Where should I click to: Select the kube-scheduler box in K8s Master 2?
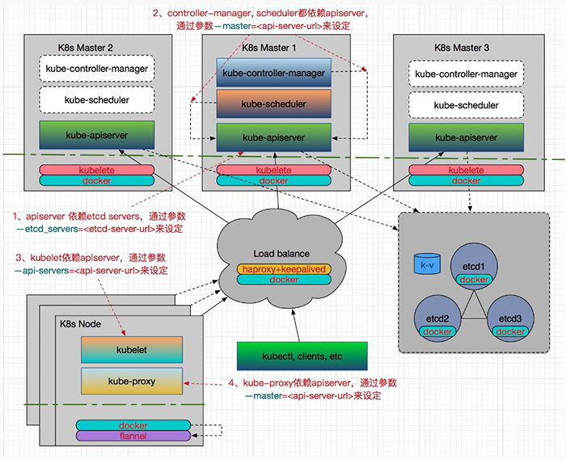(x=96, y=100)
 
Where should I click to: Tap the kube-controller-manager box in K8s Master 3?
(x=466, y=74)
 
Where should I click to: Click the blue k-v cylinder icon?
(x=424, y=264)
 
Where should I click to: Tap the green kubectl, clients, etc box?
(x=302, y=356)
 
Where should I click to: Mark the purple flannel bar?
(x=133, y=437)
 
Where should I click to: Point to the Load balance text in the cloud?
(x=281, y=253)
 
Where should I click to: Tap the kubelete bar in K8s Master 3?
(x=466, y=170)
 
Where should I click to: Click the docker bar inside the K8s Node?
(x=133, y=425)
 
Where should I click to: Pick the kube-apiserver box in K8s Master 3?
(x=466, y=137)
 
